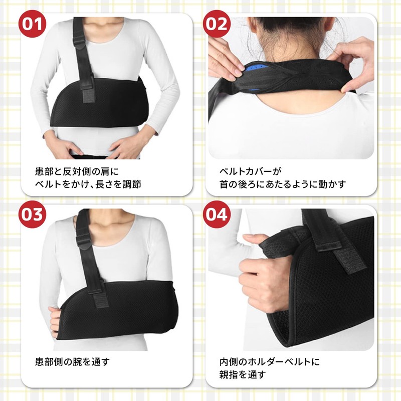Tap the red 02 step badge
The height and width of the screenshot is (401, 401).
216,23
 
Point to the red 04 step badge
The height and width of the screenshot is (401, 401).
216,215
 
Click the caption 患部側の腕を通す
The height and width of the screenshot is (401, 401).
72,361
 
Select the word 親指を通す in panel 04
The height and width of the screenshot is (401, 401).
243,374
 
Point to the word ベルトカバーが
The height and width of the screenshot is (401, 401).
251,170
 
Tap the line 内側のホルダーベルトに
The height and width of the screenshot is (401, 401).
269,361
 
